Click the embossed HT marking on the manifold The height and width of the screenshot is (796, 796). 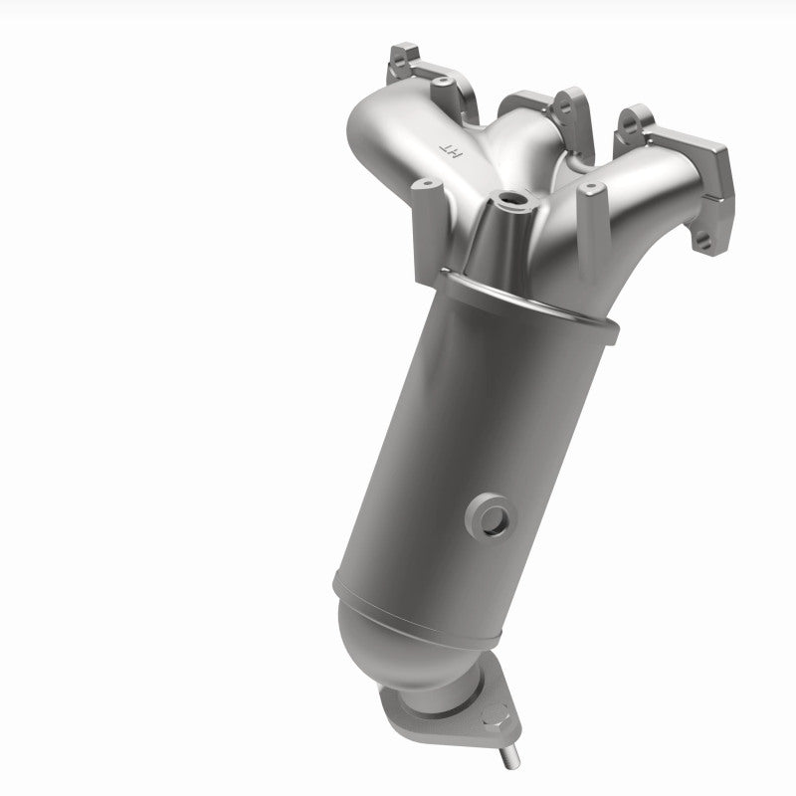pyautogui.click(x=452, y=150)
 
